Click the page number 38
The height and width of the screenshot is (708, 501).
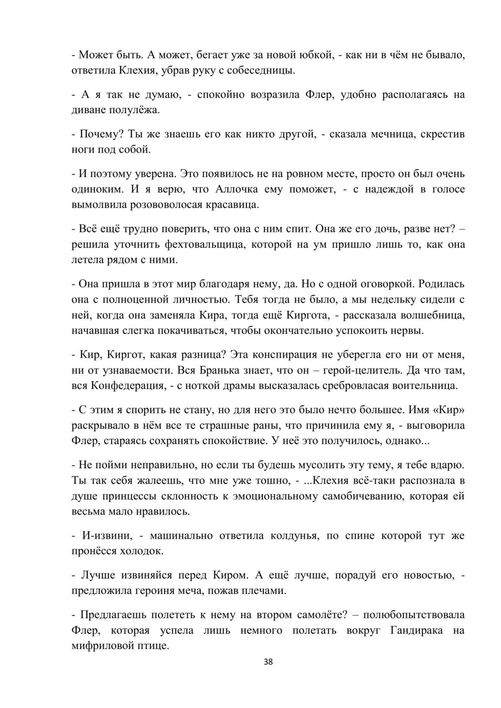[x=268, y=662]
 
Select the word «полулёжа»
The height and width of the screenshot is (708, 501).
[x=135, y=110]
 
